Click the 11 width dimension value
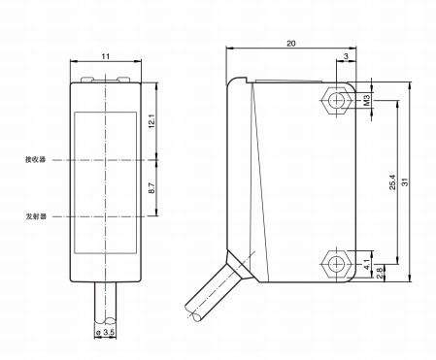(106, 56)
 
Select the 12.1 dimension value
(151, 121)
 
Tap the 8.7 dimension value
(151, 188)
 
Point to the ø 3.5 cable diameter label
(106, 332)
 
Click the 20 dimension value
(291, 44)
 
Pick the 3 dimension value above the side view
(346, 56)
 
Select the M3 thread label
(367, 100)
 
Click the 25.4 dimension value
(392, 182)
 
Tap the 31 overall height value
(405, 182)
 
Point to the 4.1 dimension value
(367, 265)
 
